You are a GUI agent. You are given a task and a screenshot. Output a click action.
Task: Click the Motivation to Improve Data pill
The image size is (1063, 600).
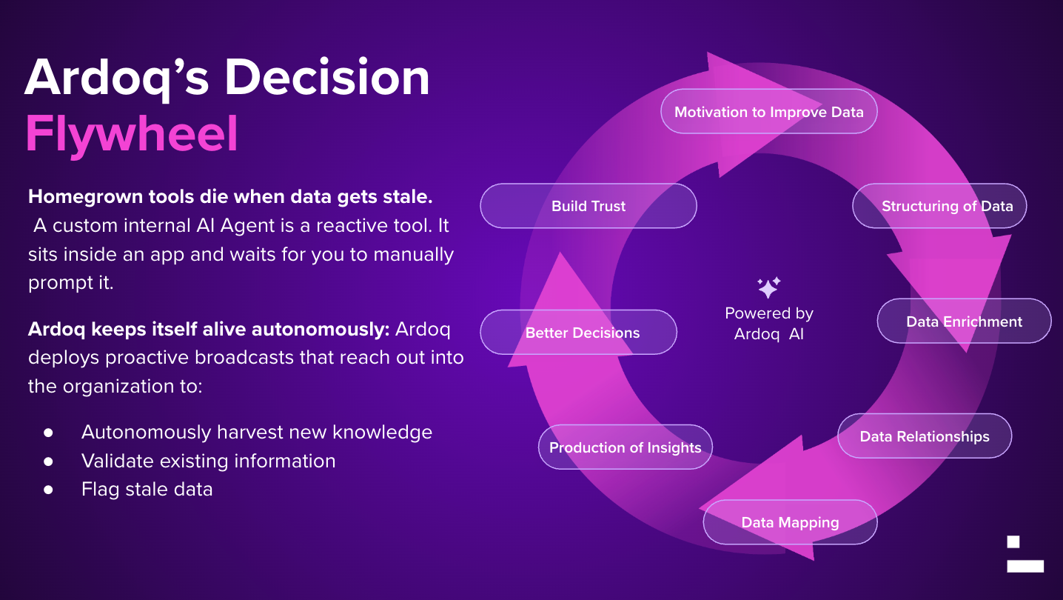coord(768,112)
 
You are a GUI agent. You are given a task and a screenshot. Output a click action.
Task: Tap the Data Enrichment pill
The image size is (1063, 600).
coord(964,321)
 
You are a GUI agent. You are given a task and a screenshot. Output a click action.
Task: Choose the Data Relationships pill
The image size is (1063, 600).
coord(924,436)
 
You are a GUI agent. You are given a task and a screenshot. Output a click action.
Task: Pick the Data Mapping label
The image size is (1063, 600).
coord(790,522)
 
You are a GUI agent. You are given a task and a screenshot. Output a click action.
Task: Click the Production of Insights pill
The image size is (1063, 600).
coord(625,447)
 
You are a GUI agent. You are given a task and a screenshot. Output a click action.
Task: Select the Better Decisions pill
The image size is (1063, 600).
coord(582,333)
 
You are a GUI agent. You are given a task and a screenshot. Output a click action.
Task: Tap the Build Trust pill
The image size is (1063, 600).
coord(588,206)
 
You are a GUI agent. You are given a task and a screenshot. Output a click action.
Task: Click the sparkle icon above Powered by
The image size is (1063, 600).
coord(768,287)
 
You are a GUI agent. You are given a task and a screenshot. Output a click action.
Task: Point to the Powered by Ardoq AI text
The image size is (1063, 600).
coord(768,324)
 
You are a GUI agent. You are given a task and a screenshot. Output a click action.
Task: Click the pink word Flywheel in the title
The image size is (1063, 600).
coord(132,133)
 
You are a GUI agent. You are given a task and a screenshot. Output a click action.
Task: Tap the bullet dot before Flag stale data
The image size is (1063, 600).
coord(49,490)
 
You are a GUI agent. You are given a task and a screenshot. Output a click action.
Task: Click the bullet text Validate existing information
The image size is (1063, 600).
coord(208,461)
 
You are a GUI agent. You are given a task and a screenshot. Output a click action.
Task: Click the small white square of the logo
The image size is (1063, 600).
coord(1013,541)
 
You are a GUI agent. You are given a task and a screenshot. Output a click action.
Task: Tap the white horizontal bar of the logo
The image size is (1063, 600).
coord(1025,566)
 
